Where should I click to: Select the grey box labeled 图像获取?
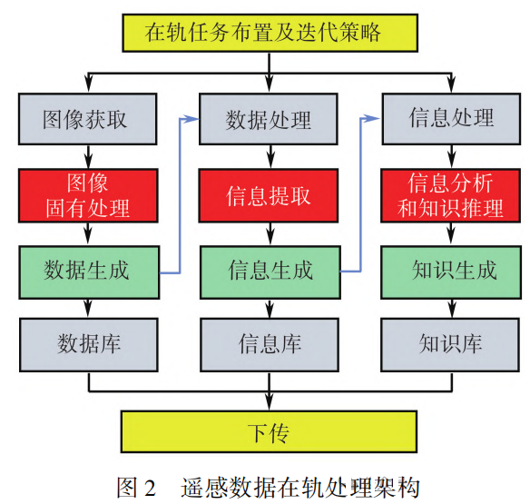87,120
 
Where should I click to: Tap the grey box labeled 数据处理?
269,120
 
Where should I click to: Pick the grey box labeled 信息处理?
452,120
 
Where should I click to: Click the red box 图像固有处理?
87,194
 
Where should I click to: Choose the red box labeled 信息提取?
269,194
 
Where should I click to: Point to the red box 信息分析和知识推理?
452,194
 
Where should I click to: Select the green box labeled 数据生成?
87,270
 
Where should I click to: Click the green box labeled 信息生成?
269,270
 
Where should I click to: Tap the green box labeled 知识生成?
452,270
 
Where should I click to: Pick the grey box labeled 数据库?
87,344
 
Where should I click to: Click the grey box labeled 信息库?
269,344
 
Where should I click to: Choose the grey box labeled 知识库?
452,344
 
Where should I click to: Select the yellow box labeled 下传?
269,431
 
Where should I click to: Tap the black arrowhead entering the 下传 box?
269,405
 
